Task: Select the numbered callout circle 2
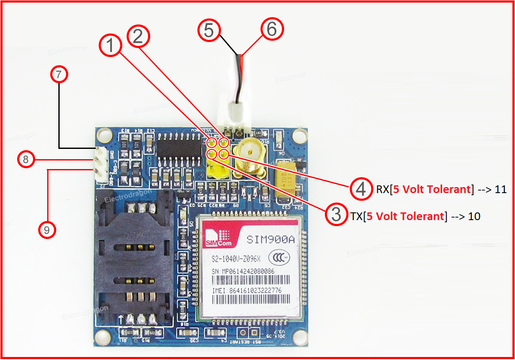coord(138,36)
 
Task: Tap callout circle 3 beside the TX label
coord(336,215)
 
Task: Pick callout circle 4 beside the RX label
coord(361,189)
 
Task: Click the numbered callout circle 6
coord(273,29)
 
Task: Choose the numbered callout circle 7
coord(59,75)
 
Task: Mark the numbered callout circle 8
coord(26,160)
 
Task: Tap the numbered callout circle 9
coord(47,230)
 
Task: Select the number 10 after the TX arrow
coord(474,216)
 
